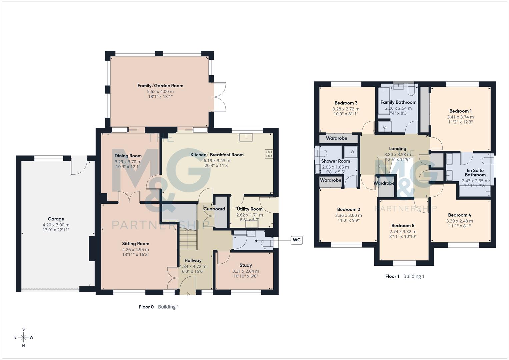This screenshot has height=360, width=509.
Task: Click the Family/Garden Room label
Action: point(160,86)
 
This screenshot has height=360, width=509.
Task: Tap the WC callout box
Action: point(296,240)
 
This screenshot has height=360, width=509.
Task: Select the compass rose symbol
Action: point(23,337)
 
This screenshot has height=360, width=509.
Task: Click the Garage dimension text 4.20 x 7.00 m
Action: point(56,225)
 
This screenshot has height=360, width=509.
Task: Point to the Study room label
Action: point(246,265)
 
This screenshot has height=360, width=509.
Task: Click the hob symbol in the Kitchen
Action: point(269,154)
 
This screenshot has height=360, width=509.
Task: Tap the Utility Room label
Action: point(250,209)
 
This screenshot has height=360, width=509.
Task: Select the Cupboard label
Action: point(214,209)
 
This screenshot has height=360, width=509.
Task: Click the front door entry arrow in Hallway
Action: point(188,294)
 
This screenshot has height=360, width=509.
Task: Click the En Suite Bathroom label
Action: point(475,173)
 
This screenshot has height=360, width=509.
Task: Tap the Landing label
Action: point(398,149)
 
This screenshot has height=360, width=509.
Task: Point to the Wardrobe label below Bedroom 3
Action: point(336,138)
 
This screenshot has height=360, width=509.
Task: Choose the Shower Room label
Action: point(335,161)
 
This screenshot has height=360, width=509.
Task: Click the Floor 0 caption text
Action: point(146,307)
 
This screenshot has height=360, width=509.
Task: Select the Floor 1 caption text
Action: point(392,276)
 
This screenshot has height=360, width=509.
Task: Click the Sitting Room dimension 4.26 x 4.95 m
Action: point(135,250)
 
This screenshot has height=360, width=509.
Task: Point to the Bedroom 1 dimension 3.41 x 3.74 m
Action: point(460,117)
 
